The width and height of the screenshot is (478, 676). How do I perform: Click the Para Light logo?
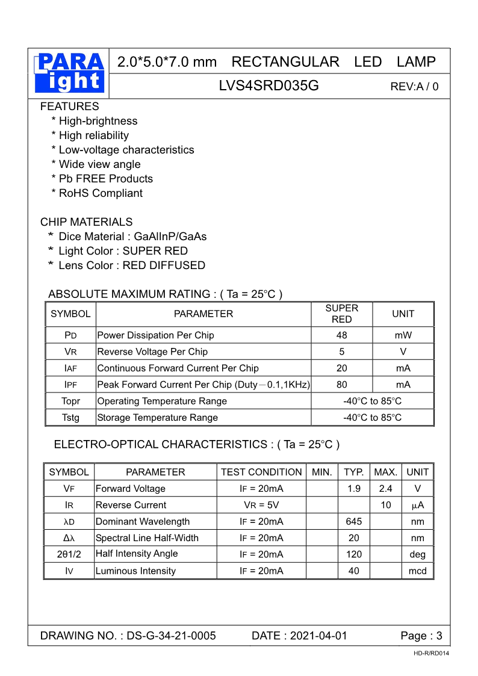(x=69, y=73)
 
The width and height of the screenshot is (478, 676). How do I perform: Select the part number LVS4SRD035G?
(x=268, y=86)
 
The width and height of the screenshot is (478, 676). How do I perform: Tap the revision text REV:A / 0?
(x=414, y=87)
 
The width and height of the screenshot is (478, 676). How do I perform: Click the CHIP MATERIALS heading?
(x=86, y=222)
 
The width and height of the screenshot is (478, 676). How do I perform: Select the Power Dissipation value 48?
(x=341, y=335)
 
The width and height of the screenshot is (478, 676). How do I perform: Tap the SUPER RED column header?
(x=341, y=314)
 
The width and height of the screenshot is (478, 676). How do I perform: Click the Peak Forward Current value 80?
(x=341, y=385)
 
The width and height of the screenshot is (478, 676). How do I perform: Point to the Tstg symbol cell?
(x=70, y=418)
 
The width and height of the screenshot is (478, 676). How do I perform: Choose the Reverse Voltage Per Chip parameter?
(x=152, y=352)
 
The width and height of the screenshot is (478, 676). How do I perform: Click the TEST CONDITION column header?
(x=261, y=472)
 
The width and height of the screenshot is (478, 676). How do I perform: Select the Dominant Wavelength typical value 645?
(x=353, y=522)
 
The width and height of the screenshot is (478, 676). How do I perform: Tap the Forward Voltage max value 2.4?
(x=385, y=489)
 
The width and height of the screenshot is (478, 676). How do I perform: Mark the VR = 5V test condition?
(x=261, y=505)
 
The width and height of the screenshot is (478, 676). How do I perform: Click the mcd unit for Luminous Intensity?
(x=417, y=571)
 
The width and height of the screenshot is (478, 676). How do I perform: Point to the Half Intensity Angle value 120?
(x=353, y=554)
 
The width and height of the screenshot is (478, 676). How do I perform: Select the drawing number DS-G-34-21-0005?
(x=171, y=636)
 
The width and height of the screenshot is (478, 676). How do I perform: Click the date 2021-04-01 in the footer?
(x=318, y=636)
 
